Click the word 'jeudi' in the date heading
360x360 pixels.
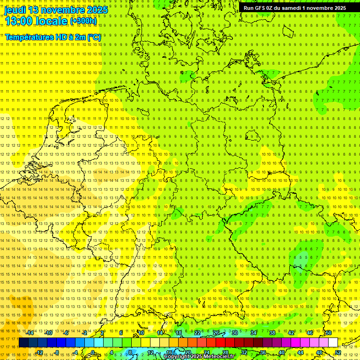15,10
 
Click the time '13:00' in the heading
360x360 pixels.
19,21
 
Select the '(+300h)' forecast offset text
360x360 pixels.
83,21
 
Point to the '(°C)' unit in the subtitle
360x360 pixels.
94,37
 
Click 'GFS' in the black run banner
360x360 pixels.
261,8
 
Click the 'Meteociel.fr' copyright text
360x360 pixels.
216,356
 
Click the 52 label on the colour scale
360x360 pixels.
338,352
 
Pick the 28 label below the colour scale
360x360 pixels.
225,352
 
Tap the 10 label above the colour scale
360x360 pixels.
141,332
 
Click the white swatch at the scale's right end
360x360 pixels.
333,343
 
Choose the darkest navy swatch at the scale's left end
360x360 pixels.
23,343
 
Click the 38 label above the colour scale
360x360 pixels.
272,332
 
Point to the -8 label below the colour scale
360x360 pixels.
57,352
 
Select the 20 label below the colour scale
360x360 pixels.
188,352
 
